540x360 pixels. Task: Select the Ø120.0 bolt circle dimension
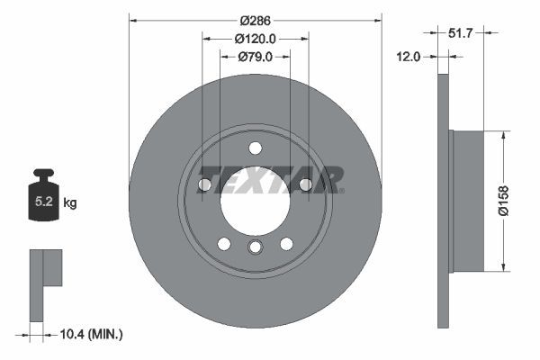click(x=255, y=39)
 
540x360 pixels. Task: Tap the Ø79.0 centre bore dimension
click(x=255, y=57)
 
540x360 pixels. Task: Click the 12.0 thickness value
click(x=409, y=57)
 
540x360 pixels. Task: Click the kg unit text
click(x=70, y=203)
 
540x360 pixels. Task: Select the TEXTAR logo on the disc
click(x=270, y=178)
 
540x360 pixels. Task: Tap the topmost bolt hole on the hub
click(x=255, y=148)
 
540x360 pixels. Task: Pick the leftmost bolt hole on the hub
click(x=204, y=184)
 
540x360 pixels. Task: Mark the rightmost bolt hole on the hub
click(x=305, y=184)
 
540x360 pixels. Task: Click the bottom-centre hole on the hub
click(x=255, y=248)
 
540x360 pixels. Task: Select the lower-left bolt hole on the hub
click(x=224, y=244)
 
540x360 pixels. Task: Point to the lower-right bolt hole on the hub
click(x=286, y=244)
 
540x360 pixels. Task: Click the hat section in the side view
click(x=466, y=201)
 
